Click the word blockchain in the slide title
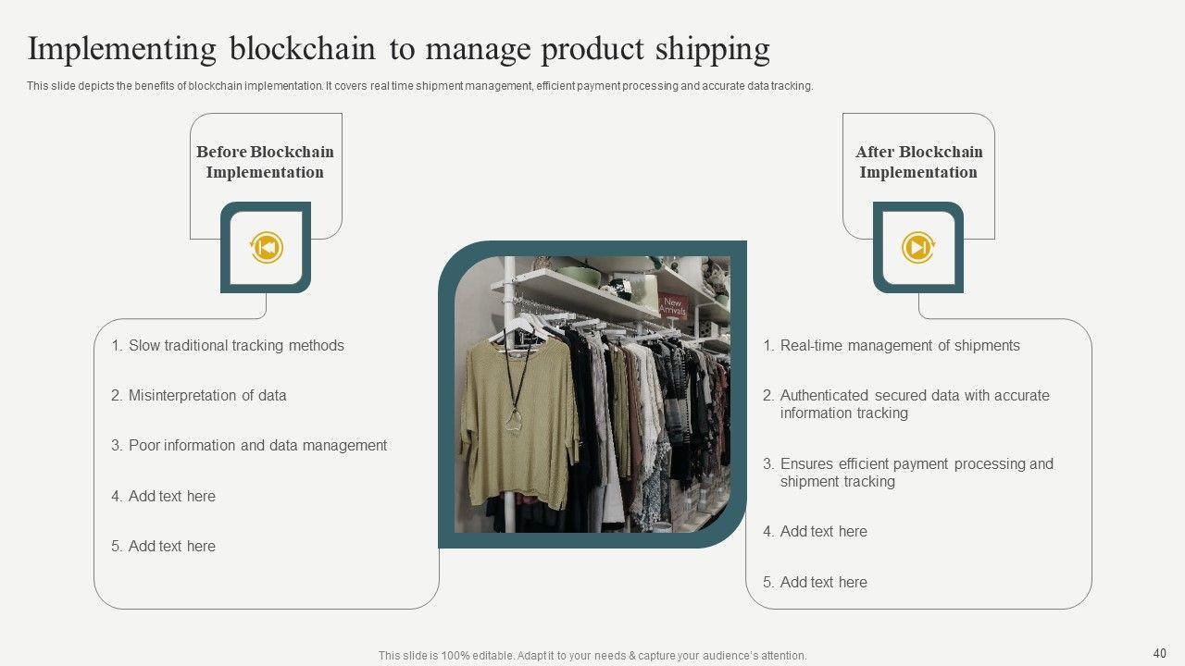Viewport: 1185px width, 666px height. [x=302, y=49]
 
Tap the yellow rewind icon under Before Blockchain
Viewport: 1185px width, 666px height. [x=266, y=247]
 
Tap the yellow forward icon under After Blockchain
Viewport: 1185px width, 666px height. [x=918, y=247]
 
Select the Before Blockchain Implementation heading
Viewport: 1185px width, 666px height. [x=265, y=162]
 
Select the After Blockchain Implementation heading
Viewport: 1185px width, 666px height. [x=919, y=162]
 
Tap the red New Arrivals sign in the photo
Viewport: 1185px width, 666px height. [x=673, y=306]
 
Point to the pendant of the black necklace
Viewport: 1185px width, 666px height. [x=513, y=421]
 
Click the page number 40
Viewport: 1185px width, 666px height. [x=1160, y=653]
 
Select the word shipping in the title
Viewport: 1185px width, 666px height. [x=713, y=50]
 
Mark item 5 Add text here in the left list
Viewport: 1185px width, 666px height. [x=164, y=546]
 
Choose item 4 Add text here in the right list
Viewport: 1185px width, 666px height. [x=816, y=531]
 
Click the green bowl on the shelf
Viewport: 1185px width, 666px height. [x=579, y=276]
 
